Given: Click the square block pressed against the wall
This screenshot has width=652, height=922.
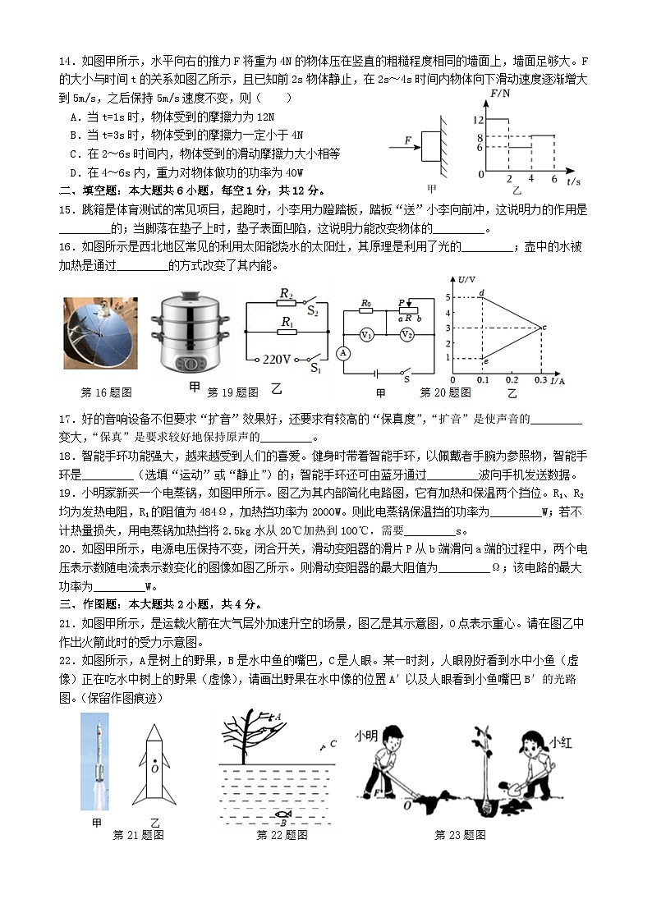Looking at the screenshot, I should click(x=430, y=146).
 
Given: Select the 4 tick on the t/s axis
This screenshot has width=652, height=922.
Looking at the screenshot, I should click(x=531, y=179).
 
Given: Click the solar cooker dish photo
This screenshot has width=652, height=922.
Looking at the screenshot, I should click(x=101, y=333).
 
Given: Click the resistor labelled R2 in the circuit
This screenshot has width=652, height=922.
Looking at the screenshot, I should click(x=287, y=303).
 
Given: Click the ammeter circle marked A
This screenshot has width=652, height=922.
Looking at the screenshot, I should click(x=343, y=352).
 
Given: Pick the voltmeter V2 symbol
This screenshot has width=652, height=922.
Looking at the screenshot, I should click(x=406, y=334).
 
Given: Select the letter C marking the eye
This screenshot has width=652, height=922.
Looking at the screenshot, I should click(x=333, y=744).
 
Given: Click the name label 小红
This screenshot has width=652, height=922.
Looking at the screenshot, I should click(x=560, y=741).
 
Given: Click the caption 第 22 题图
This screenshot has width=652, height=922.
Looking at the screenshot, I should click(x=282, y=835).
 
